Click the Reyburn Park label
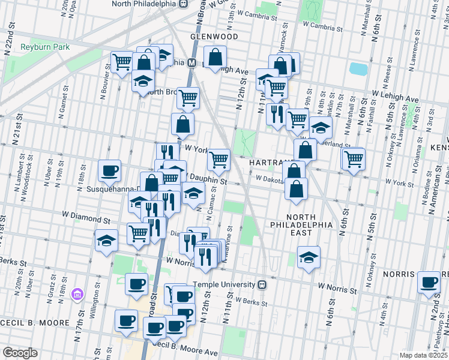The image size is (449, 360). tap(45, 47)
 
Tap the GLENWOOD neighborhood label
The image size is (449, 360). tap(214, 37)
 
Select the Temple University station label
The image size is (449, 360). tap(225, 284)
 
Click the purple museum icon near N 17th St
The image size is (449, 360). tap(76, 294)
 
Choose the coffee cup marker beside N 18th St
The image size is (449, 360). tap(110, 170)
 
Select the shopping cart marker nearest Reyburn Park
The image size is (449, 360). tap(122, 61)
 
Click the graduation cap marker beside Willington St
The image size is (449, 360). tap(106, 241)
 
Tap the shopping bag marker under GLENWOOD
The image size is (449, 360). tap(215, 58)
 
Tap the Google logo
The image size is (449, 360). tap(20, 353)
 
